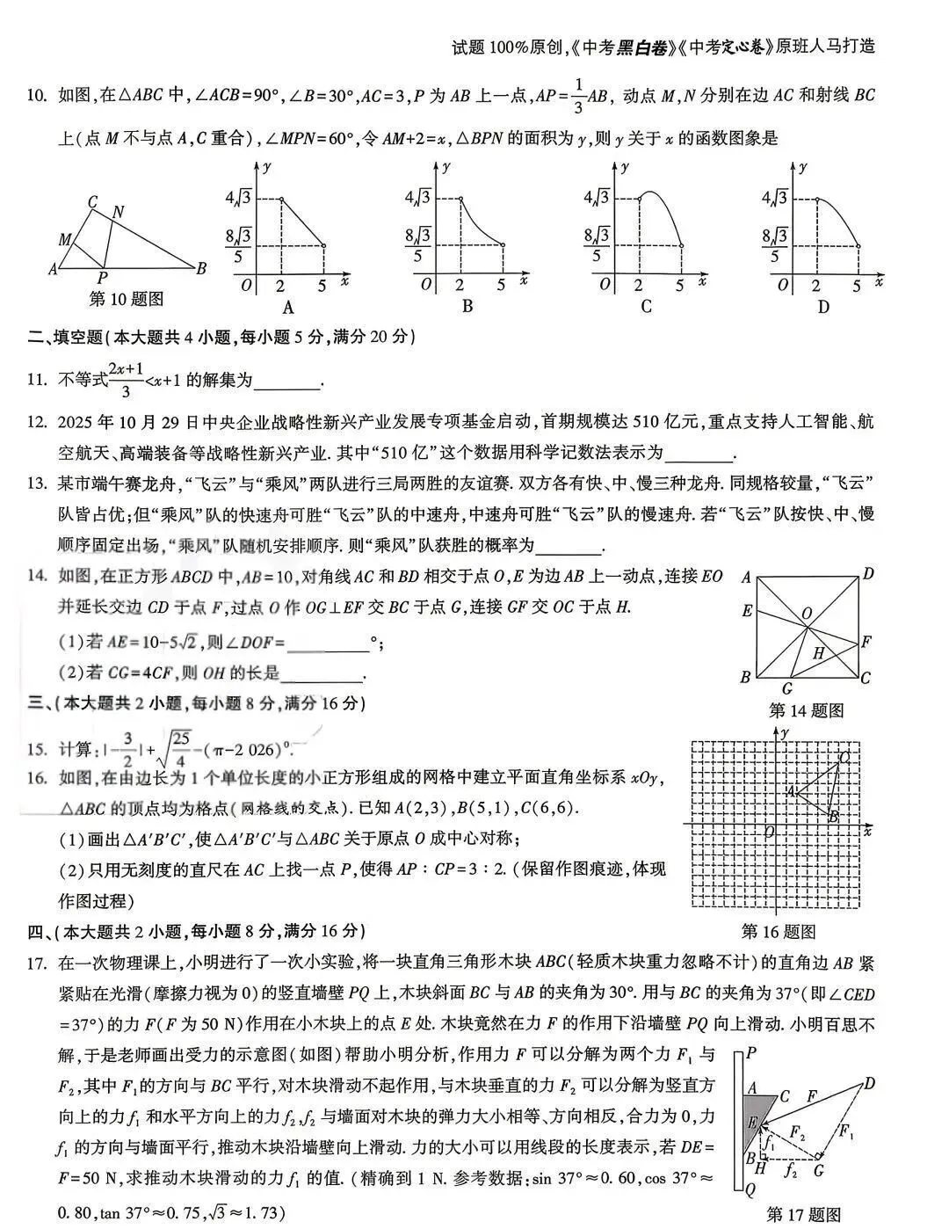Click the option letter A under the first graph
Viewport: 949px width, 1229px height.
[287, 307]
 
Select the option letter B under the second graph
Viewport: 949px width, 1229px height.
[467, 306]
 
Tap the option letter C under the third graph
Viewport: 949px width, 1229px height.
[647, 306]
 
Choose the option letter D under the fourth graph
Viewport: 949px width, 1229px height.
[823, 306]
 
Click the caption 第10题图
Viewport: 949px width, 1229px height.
[127, 300]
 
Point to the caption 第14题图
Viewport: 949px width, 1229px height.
[806, 709]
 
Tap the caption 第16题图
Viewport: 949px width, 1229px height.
[778, 931]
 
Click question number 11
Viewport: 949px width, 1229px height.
[36, 380]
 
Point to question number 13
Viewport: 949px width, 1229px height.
[36, 483]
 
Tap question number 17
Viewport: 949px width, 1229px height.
[36, 964]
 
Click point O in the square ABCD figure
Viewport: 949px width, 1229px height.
[807, 614]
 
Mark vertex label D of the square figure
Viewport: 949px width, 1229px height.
[867, 575]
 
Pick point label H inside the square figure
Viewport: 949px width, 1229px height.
[818, 653]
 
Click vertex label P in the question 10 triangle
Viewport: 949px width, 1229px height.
[103, 276]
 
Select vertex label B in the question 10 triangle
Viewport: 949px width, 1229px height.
[201, 268]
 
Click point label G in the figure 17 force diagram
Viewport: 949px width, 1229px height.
[818, 1169]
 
